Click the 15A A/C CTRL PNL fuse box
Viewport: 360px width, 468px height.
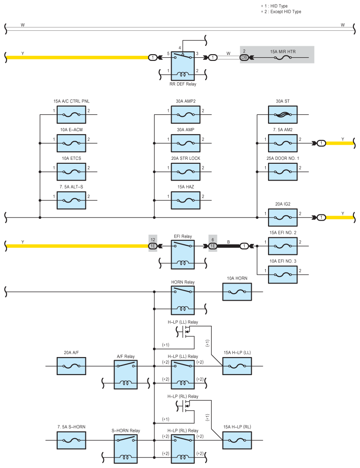(x=71, y=114)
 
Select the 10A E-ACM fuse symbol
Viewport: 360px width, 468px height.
(x=71, y=143)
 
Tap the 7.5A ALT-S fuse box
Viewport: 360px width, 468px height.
(x=71, y=200)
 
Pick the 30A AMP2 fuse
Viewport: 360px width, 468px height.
(x=186, y=114)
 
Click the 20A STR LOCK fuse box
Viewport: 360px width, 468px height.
(x=186, y=172)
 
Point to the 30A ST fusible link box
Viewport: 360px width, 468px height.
(x=283, y=114)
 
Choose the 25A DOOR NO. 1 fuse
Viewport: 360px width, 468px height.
(x=283, y=172)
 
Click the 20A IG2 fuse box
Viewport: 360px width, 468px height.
(x=283, y=217)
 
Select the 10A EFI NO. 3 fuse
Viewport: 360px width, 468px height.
(x=283, y=275)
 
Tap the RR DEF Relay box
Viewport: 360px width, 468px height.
(x=183, y=66)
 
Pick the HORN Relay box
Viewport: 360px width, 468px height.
(x=183, y=301)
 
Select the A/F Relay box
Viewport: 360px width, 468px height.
(x=125, y=375)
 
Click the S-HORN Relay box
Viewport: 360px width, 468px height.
(x=125, y=449)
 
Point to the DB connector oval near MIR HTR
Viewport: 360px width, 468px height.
(x=244, y=58)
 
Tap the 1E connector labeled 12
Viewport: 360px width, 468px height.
(x=153, y=246)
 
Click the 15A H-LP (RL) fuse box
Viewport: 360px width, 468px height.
(x=237, y=440)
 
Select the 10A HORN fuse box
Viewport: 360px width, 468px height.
(x=237, y=291)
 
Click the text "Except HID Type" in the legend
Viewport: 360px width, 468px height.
(x=286, y=11)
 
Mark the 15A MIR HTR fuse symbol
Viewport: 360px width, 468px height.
(x=283, y=58)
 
